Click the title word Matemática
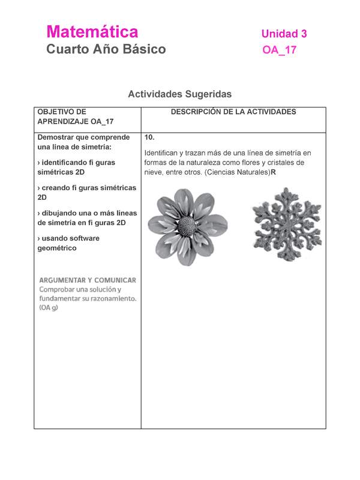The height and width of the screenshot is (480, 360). [92, 32]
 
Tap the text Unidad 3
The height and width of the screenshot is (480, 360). [284, 34]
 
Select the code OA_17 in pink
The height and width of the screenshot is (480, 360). [279, 50]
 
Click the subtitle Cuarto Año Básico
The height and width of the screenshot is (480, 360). [106, 49]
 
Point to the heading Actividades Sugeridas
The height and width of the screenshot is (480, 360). [179, 94]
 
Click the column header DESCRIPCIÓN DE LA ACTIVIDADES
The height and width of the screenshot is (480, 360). [233, 112]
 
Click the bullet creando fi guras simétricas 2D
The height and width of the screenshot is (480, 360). [86, 192]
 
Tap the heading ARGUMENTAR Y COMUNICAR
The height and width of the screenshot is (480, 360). [88, 280]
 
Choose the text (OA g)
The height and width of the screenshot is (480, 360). [49, 308]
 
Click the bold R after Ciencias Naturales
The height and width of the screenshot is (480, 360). [273, 172]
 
